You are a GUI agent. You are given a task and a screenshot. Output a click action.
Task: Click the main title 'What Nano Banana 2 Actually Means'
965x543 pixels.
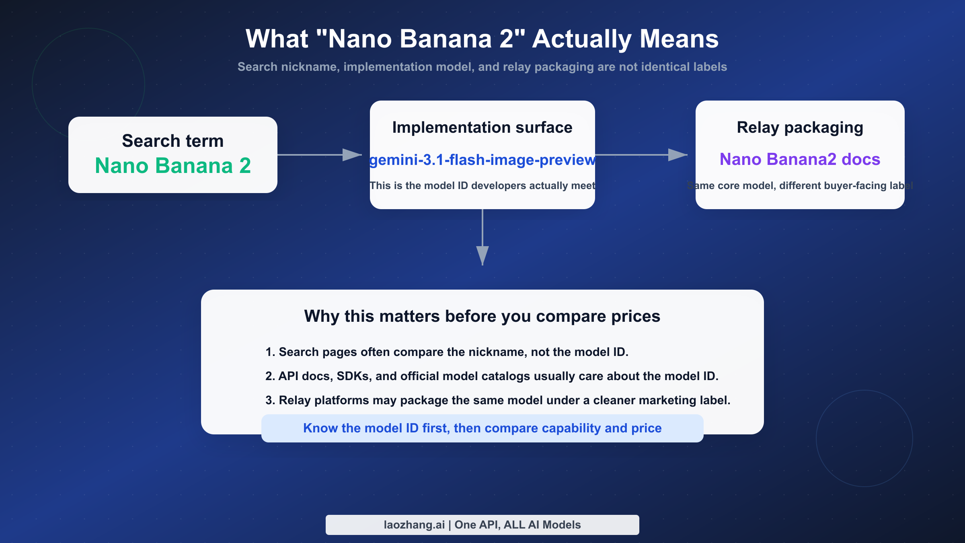pos(482,39)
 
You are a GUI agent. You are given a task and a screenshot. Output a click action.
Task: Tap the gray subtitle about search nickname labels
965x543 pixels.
pos(482,67)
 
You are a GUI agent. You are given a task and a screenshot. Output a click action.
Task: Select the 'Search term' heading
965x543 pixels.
pos(173,141)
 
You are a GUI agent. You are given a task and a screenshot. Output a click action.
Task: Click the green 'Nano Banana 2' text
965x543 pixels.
pos(173,166)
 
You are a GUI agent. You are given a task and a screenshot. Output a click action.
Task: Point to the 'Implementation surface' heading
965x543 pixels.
pos(482,128)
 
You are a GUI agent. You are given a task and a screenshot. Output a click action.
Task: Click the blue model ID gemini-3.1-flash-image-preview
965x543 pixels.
pos(482,160)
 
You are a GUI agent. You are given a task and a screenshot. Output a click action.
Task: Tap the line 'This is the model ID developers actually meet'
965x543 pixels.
pos(482,185)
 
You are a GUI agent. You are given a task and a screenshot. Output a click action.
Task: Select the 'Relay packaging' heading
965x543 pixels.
pos(800,128)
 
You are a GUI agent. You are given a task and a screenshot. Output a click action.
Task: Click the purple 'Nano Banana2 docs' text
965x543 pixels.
pos(800,159)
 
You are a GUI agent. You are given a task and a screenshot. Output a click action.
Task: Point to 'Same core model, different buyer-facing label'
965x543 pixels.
pos(800,185)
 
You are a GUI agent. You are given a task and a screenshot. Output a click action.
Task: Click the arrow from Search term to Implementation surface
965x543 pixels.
pos(320,155)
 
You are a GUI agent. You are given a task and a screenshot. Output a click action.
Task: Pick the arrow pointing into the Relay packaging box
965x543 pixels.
pos(641,155)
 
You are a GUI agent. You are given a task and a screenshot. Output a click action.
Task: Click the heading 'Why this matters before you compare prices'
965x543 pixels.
pos(482,316)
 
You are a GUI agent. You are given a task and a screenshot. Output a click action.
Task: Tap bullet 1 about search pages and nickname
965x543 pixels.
pos(446,352)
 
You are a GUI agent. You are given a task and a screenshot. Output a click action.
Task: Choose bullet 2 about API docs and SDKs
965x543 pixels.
pos(491,376)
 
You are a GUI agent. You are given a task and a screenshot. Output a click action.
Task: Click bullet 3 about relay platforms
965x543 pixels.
pos(497,400)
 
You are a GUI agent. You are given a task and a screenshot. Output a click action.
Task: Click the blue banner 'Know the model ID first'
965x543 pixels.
pos(482,428)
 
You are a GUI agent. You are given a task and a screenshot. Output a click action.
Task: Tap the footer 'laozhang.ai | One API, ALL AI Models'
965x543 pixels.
pos(482,525)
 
